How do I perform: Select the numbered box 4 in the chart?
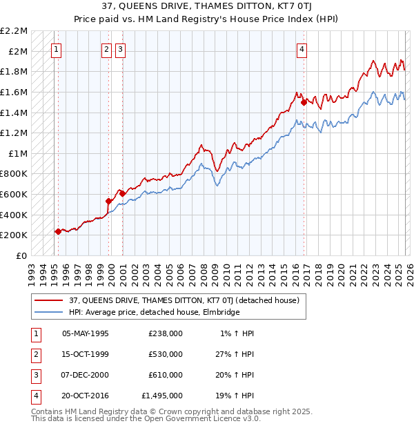tap(302, 49)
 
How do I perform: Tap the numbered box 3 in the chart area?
tap(120, 49)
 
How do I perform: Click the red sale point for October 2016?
tap(304, 102)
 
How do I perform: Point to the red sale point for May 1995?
tap(58, 231)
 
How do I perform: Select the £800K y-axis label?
tap(14, 174)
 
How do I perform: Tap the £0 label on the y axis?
tap(22, 255)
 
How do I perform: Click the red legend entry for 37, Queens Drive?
tap(184, 300)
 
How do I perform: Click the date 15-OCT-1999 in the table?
tap(86, 354)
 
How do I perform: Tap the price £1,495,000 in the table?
tap(162, 396)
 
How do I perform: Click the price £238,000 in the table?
tap(166, 333)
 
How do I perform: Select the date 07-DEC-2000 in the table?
tap(86, 375)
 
